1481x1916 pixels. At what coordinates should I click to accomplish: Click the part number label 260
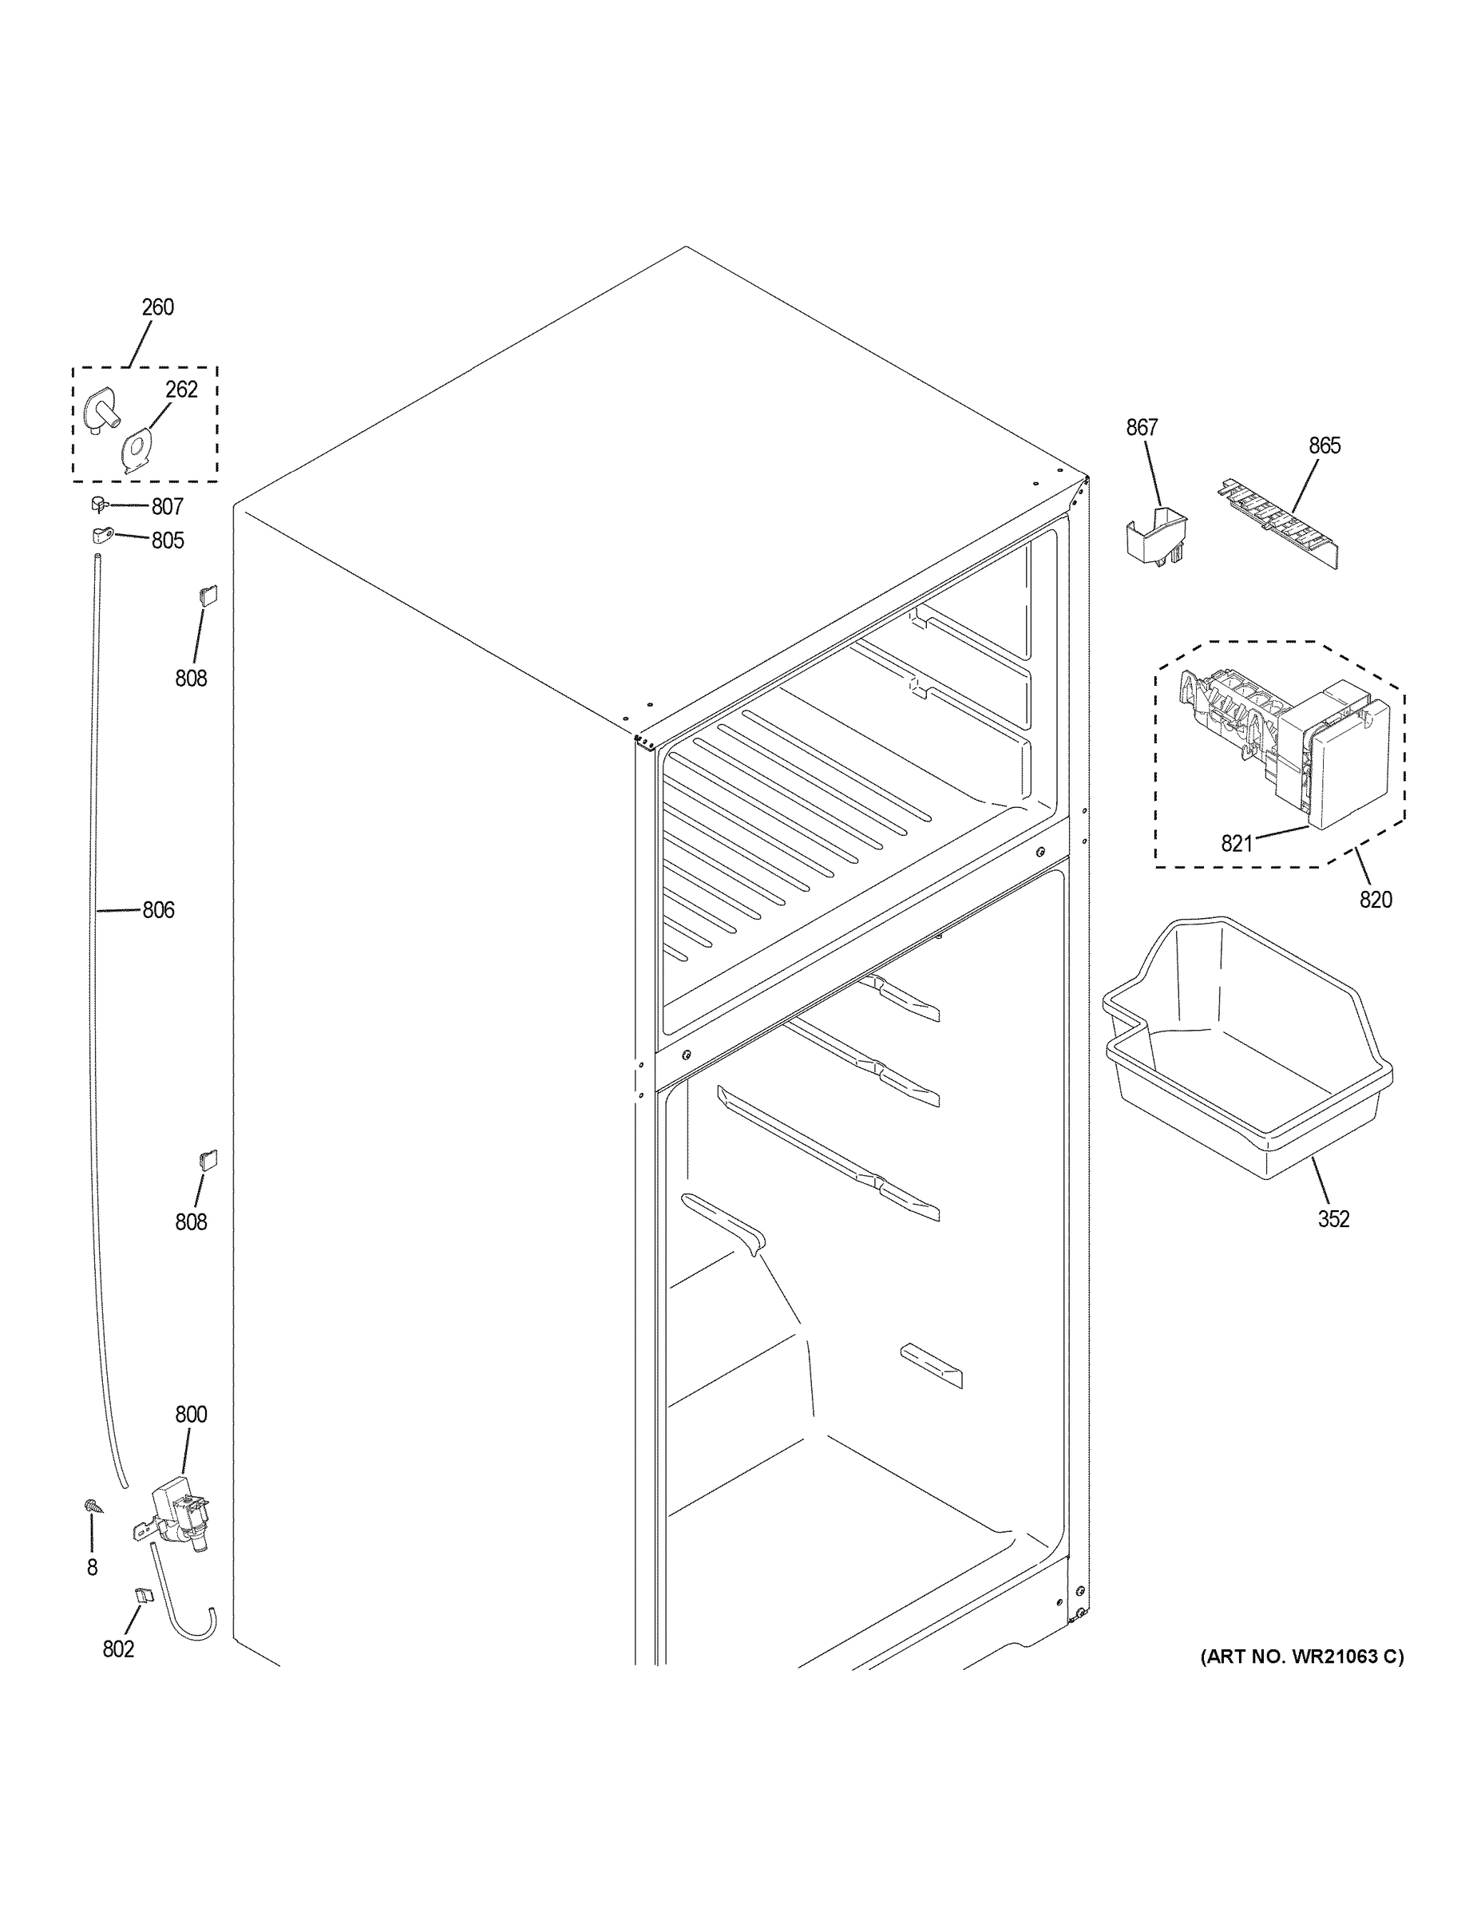coord(158,307)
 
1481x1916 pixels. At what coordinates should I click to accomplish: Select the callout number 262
coord(181,390)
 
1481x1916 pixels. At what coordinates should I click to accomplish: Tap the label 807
coord(167,507)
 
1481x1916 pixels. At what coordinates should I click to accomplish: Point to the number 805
coord(168,540)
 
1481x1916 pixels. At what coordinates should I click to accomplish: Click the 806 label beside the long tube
coord(159,911)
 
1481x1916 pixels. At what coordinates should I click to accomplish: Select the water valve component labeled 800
coord(179,1519)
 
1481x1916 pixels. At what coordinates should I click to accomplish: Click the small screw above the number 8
coord(91,1506)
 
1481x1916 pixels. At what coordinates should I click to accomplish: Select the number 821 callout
coord(1236,844)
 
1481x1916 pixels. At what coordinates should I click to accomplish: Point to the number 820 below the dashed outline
coord(1376,899)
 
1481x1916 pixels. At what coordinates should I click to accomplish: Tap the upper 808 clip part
coord(208,596)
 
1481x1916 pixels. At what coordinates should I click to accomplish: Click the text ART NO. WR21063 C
coord(1302,1657)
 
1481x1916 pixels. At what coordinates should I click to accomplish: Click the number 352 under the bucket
coord(1333,1218)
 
